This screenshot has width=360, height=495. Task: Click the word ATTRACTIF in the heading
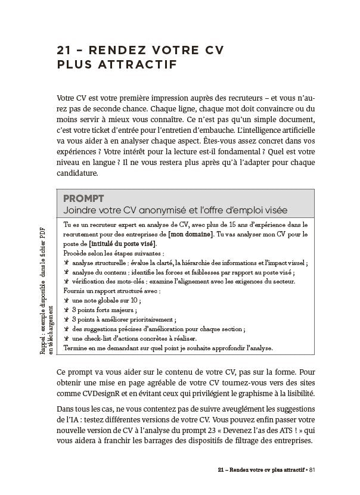134,64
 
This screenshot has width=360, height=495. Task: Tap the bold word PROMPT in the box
83,198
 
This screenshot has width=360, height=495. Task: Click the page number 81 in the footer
319,468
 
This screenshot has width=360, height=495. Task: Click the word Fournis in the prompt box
74,291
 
